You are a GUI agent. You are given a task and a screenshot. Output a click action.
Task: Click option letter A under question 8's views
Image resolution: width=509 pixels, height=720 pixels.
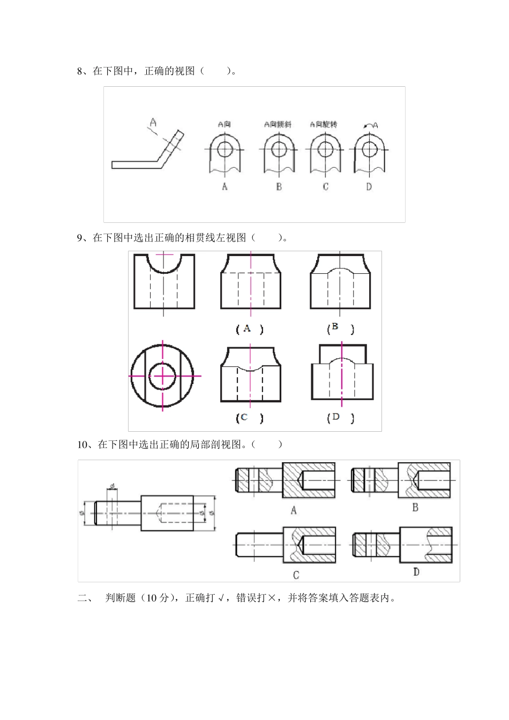point(224,186)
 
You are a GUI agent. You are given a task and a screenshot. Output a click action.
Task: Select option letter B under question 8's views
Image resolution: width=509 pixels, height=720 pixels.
point(279,186)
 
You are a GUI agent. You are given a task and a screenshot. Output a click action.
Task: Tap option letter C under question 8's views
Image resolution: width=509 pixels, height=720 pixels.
point(325,186)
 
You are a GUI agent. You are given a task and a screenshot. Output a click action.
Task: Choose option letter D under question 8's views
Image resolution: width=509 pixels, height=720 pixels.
point(369,186)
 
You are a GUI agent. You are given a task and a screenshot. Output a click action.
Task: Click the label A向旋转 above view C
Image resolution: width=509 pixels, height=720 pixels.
point(323,124)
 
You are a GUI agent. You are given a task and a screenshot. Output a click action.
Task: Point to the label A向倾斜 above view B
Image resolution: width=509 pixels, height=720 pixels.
point(278,124)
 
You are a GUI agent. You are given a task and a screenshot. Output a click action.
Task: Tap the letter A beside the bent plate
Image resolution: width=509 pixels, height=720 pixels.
point(153,123)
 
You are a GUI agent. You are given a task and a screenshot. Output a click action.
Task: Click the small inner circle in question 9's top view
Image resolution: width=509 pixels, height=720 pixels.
point(163,376)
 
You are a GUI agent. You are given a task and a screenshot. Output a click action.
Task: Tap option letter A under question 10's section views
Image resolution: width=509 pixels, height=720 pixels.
point(293,511)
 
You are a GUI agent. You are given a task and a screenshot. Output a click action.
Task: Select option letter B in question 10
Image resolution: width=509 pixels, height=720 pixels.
point(415,507)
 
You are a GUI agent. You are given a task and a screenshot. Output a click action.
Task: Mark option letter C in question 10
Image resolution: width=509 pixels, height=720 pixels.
point(296,575)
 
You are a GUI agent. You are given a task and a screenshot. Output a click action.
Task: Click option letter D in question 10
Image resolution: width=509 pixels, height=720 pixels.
point(416,572)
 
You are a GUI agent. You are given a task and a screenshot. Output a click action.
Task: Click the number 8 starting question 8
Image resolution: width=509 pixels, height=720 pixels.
point(80,71)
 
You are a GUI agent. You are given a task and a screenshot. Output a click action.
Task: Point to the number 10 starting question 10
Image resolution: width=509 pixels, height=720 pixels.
point(83,444)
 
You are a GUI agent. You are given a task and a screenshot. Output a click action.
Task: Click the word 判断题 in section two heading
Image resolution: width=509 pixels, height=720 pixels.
point(121,598)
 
